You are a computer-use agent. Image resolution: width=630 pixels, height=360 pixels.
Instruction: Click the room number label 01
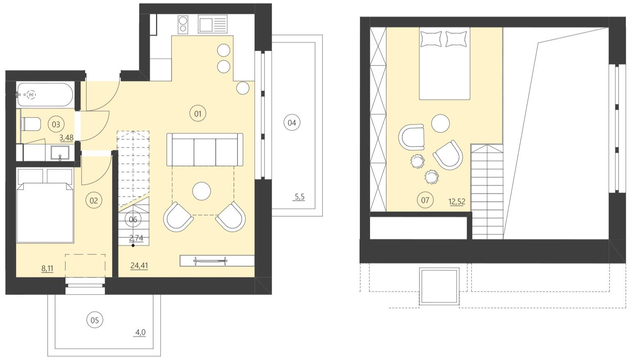tap(198, 113)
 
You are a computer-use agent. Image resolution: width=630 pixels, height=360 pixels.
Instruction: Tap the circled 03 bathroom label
tap(56, 124)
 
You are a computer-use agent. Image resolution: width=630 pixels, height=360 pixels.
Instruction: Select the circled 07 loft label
tap(425, 200)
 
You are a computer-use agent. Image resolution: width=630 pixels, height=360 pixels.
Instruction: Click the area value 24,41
tap(139, 266)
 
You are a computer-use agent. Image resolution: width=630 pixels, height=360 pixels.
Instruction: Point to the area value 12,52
tap(456, 202)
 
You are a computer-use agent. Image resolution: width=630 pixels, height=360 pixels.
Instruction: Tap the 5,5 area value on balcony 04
tap(300, 197)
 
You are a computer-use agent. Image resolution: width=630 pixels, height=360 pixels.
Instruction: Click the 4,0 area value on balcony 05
tap(140, 333)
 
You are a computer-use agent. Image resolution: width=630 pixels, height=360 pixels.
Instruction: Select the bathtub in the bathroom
tap(45, 95)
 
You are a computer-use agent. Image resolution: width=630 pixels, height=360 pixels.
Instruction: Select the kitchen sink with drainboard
tap(212, 24)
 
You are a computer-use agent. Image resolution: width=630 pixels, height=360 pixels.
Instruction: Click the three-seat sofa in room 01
tap(205, 149)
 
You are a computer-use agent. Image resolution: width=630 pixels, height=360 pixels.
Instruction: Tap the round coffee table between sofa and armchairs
tap(201, 191)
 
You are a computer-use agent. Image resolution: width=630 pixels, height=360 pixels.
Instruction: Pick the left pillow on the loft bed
tap(431, 39)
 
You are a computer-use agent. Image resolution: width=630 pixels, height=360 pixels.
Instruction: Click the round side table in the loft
tap(440, 123)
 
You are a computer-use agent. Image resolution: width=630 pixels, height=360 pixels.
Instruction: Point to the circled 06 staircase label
tap(133, 220)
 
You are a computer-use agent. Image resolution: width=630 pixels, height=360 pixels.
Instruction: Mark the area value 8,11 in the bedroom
tap(47, 269)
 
